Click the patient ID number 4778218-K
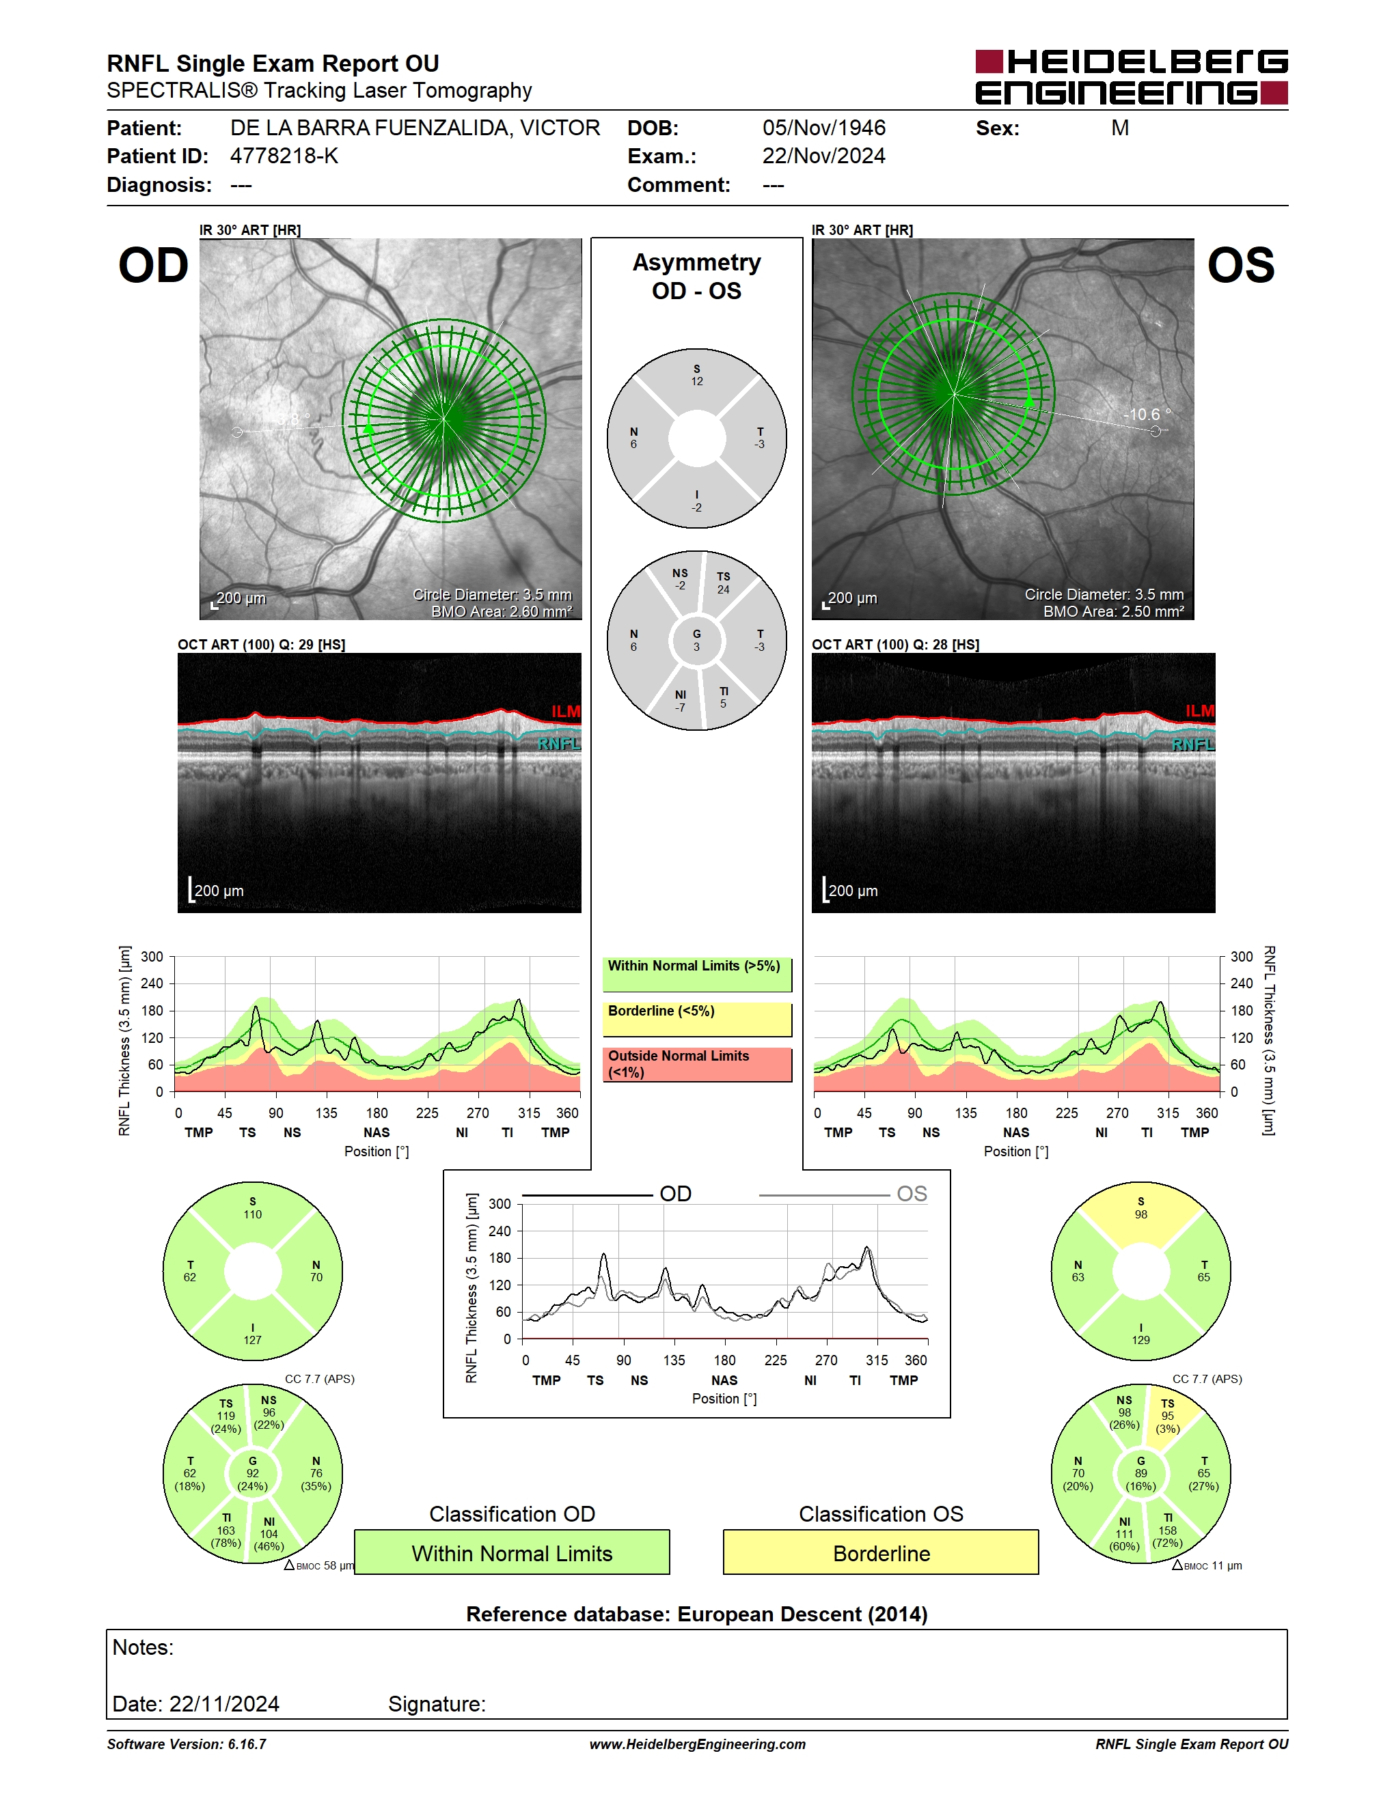click(284, 156)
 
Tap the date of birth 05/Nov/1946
click(823, 128)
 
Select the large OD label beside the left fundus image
click(154, 266)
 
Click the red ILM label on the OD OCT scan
click(566, 711)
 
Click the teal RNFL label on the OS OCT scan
click(1192, 744)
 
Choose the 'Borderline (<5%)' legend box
click(697, 1020)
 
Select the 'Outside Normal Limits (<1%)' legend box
click(697, 1065)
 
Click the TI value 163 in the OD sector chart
click(225, 1531)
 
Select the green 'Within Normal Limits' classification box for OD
click(512, 1552)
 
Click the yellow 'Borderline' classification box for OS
click(881, 1552)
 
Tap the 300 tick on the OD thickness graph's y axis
click(152, 957)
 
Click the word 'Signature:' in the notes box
click(437, 1704)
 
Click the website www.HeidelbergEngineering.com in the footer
click(697, 1744)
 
